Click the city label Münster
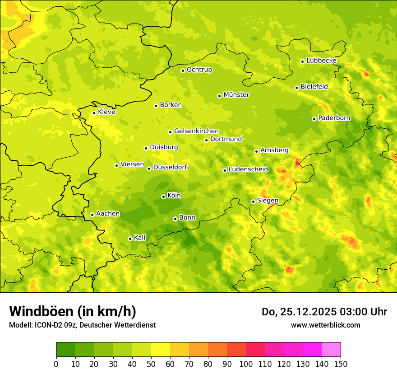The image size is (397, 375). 236,95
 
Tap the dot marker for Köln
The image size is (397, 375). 163,197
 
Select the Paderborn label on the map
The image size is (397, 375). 334,118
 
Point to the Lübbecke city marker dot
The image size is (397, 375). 302,61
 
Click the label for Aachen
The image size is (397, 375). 108,214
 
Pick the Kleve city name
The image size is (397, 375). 106,112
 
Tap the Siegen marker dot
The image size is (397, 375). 253,202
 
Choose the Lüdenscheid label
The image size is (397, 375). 248,169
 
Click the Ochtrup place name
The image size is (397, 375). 199,70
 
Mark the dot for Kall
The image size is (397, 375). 130,239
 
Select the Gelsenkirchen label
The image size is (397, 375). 196,131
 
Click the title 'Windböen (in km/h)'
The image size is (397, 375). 73,311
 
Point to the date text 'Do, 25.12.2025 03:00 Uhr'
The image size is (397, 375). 324,312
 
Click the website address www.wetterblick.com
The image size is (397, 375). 325,325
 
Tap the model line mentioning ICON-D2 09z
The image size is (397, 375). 82,325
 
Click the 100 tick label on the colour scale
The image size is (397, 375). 246,364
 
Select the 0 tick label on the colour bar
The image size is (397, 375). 56,364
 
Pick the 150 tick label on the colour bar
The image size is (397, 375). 341,364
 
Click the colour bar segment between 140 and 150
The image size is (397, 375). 331,350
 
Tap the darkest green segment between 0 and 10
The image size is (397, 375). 66,350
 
